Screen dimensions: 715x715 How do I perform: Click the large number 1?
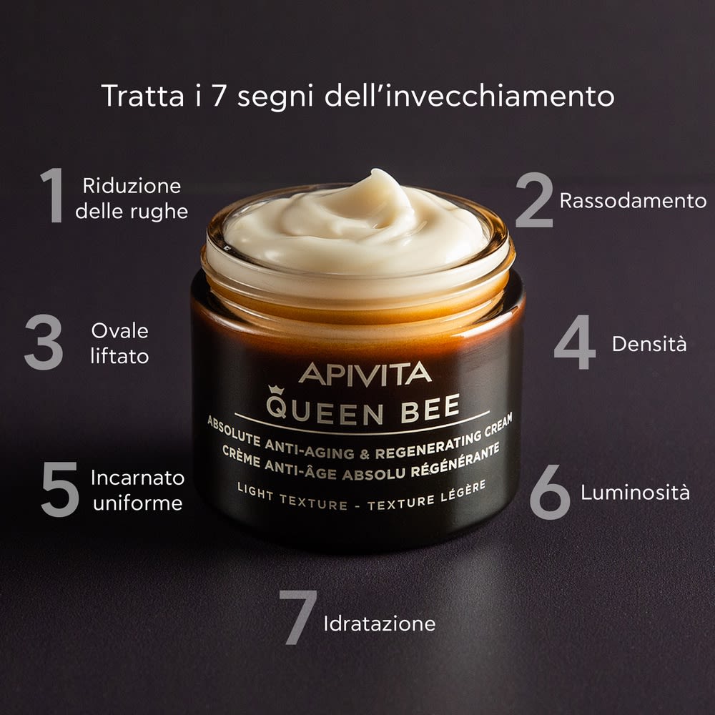click(x=52, y=194)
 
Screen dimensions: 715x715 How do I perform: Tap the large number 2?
click(x=534, y=199)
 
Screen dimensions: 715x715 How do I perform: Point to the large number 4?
click(x=574, y=342)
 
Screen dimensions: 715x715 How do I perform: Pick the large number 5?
click(x=59, y=489)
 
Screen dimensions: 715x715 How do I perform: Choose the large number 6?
click(x=550, y=491)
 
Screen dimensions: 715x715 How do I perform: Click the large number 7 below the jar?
click(x=297, y=616)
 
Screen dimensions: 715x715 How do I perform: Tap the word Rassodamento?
click(x=633, y=201)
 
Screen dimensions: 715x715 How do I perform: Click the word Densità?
click(x=649, y=344)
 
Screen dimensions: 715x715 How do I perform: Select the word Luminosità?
click(x=635, y=493)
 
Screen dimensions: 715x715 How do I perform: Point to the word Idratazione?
click(x=379, y=623)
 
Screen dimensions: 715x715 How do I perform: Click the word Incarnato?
click(x=137, y=478)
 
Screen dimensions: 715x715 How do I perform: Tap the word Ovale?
click(x=120, y=331)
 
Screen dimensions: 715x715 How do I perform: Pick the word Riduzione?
click(x=132, y=186)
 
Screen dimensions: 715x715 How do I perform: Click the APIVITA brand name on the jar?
click(x=365, y=373)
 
